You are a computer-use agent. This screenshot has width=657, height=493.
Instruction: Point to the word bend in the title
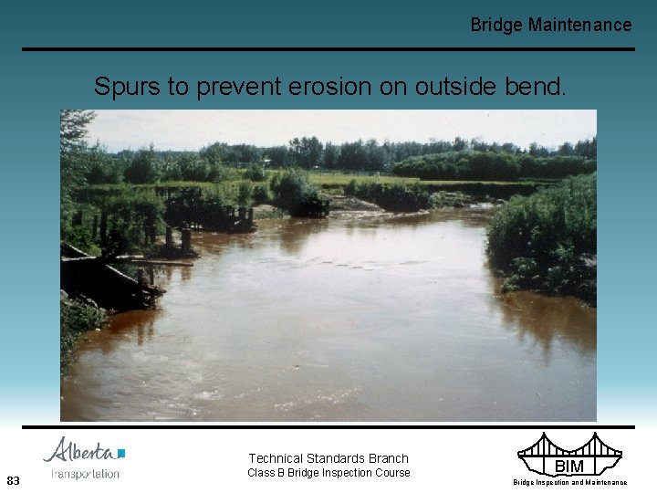pos(541,88)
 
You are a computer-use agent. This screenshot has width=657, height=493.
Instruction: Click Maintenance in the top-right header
pos(579,25)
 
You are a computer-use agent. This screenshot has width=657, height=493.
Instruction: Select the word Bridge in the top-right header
pos(496,25)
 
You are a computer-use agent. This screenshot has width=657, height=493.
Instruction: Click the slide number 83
pos(13,480)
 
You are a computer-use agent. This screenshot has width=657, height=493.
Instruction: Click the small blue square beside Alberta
pos(121,453)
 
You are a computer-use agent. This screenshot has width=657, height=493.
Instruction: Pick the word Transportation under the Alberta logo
pos(85,473)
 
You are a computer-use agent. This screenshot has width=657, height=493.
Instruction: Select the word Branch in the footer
pos(388,458)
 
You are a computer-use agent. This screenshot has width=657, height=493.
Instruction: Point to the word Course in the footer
pos(390,473)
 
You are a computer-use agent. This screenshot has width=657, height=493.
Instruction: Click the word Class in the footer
pos(262,473)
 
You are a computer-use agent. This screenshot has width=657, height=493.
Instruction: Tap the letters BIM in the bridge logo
pos(568,467)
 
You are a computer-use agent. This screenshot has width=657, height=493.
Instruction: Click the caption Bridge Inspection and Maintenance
pos(569,482)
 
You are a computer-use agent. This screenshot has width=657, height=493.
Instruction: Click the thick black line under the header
pos(328,49)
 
